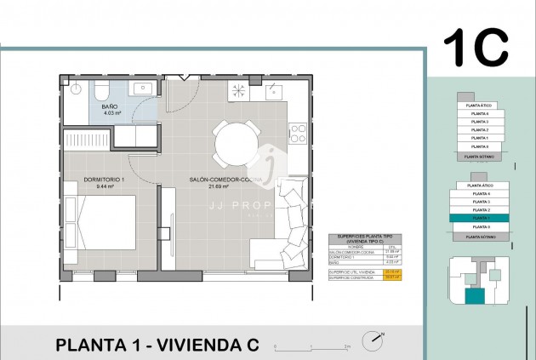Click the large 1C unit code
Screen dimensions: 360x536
476,49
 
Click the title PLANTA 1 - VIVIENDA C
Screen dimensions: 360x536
157,345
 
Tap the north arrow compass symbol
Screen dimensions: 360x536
373,341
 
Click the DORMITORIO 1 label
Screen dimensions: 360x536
105,179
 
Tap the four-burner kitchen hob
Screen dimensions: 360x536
298,133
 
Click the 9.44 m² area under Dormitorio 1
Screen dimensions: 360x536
105,186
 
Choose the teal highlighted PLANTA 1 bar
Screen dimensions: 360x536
481,218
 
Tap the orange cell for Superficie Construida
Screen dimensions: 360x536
392,277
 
